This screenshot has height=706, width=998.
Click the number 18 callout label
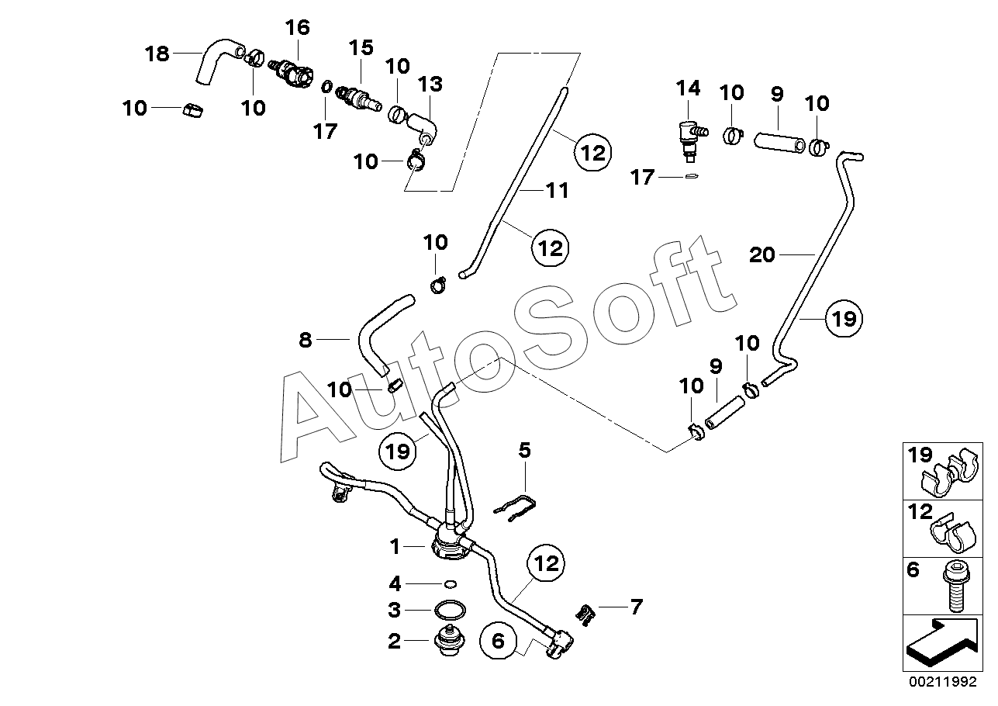157,54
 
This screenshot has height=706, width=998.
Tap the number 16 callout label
298,28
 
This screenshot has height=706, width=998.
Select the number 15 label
361,47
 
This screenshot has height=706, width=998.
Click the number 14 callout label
689,88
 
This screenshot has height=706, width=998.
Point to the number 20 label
762,255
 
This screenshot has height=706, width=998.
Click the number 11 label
558,191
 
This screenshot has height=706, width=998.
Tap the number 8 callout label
306,340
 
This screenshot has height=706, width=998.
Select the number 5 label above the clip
525,450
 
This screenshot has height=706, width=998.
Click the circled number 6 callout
498,641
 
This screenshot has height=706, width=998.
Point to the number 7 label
636,607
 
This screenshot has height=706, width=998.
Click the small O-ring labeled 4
451,584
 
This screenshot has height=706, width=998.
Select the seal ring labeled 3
450,610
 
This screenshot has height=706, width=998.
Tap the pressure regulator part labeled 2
451,640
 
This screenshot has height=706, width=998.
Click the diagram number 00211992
944,681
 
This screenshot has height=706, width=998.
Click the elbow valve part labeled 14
692,140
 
